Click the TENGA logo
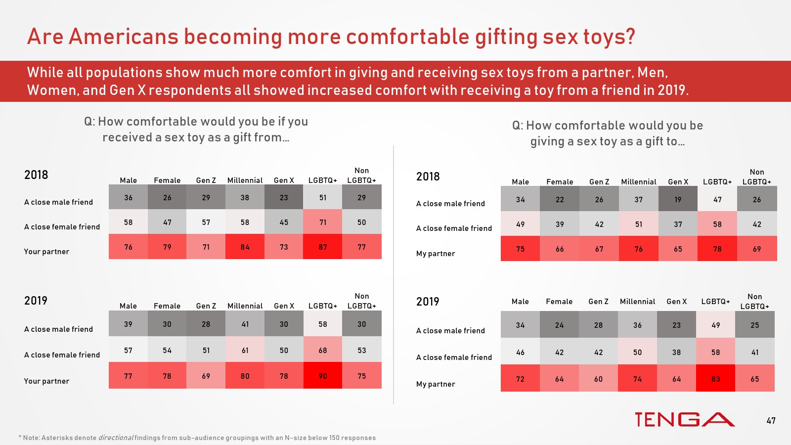pos(685,419)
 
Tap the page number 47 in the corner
pos(771,421)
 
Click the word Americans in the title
pos(123,37)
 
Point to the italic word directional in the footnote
pos(116,438)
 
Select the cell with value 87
pos(323,247)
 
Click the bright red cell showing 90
pos(323,376)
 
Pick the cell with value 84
pos(245,247)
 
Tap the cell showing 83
pos(715,379)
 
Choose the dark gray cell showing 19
pos(678,199)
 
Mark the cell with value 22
pos(560,199)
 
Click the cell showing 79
pos(167,247)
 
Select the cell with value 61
pos(245,350)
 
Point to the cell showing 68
pos(323,350)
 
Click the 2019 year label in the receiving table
pos(36,301)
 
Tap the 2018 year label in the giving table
pos(428,177)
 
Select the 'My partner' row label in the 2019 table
pos(436,384)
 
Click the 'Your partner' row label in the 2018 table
pos(46,251)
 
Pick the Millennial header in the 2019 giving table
pos(637,301)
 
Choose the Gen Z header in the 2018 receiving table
pos(206,180)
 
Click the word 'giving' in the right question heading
pos(547,141)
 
